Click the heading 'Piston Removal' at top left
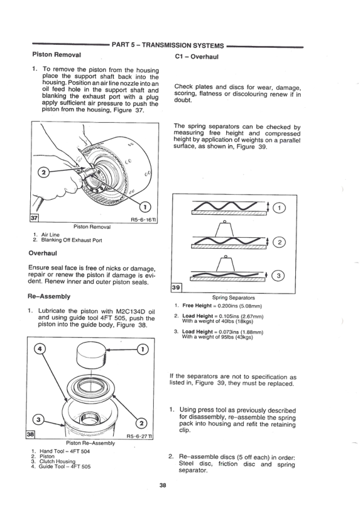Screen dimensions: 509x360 [56, 55]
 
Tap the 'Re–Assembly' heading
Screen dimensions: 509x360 [51, 297]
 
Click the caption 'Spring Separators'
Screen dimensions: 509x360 [234, 298]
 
